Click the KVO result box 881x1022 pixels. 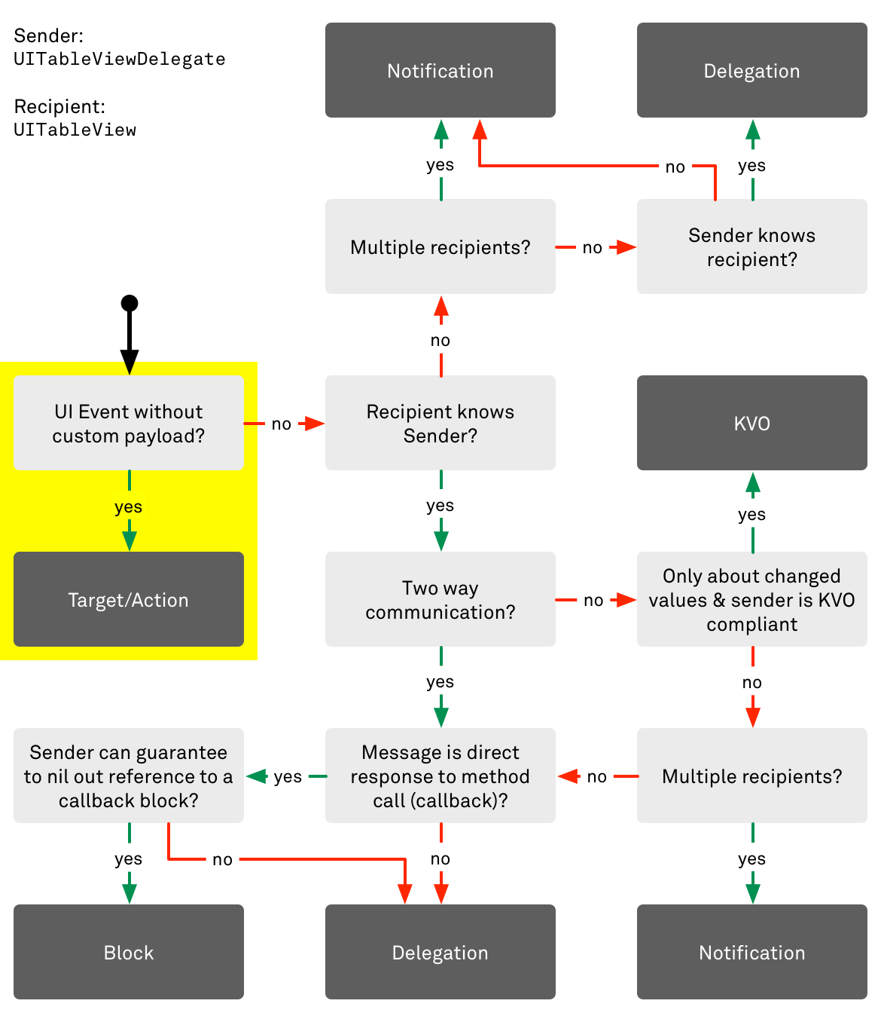coord(751,423)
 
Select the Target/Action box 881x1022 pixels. coord(129,599)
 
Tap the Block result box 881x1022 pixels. coord(129,952)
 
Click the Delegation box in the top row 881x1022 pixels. coord(751,70)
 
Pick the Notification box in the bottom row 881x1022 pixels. coord(751,952)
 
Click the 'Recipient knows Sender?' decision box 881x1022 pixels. coord(440,423)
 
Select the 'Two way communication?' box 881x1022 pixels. coord(440,599)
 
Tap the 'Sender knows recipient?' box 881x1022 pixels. coord(751,246)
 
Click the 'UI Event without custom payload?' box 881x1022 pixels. coord(129,423)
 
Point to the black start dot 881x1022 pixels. coord(130,303)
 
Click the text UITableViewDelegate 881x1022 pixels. coord(120,59)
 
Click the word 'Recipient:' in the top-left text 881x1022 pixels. coord(59,106)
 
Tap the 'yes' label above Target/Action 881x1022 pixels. coord(129,506)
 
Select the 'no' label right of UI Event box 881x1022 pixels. coord(282,424)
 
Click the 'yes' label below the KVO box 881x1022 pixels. coord(751,514)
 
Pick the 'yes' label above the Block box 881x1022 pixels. coord(129,858)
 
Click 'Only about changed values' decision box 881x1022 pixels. coord(751,599)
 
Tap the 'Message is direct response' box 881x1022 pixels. coord(440,776)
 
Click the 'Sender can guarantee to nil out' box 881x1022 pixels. coord(129,776)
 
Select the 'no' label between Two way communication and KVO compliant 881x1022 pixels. coord(593,600)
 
